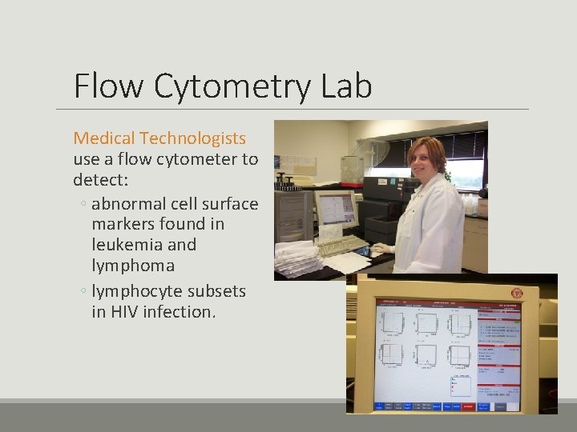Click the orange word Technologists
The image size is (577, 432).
tap(200, 139)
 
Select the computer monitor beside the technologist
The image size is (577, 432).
tap(335, 210)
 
